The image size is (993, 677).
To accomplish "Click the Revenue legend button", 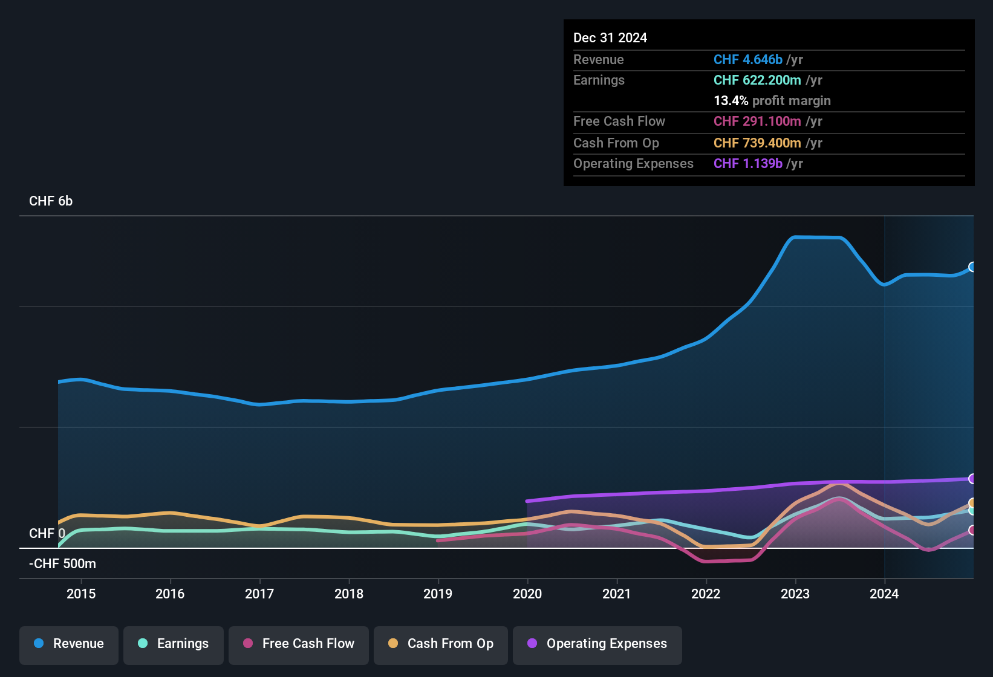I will click(x=69, y=644).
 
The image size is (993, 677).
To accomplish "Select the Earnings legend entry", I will click(x=174, y=644).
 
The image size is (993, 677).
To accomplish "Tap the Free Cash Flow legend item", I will click(x=299, y=644).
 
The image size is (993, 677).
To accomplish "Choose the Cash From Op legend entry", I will click(x=441, y=644).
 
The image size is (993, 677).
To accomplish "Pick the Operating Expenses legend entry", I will click(x=597, y=644).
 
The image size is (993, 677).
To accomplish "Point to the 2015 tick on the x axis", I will click(x=81, y=594).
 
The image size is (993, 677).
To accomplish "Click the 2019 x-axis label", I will click(x=438, y=594).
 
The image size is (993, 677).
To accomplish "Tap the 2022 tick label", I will click(x=706, y=594).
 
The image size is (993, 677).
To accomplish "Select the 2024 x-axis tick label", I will click(x=884, y=594).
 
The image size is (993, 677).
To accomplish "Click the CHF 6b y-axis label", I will click(x=51, y=201).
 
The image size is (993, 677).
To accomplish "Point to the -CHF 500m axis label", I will click(x=63, y=564).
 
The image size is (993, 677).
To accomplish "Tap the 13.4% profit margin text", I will click(x=772, y=101).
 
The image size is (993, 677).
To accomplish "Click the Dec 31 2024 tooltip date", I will click(x=610, y=38).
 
